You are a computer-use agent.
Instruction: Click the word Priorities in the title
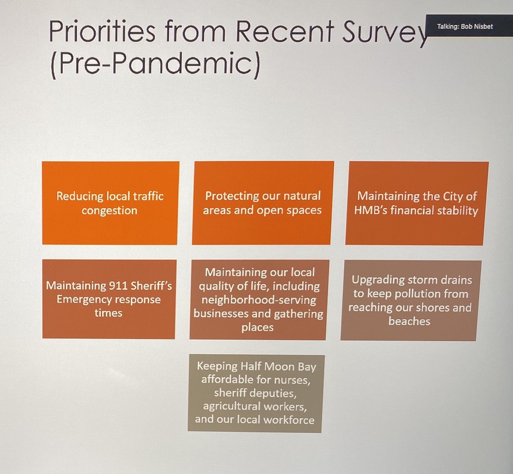(x=102, y=32)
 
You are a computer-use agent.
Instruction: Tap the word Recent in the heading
(x=285, y=32)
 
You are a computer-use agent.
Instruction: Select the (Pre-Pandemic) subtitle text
(x=156, y=64)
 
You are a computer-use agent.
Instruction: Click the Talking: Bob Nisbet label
(x=465, y=27)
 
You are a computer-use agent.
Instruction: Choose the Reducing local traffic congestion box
(x=110, y=203)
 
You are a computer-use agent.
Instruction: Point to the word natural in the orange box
(x=302, y=196)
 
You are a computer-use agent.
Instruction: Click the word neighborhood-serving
(x=259, y=300)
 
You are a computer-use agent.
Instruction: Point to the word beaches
(x=409, y=322)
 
